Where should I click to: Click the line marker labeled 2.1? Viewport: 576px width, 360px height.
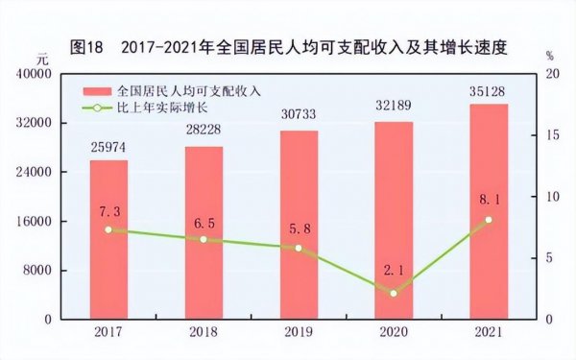(394, 293)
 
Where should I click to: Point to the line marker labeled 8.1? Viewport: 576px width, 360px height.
(489, 220)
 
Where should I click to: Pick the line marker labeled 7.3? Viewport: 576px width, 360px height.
(108, 229)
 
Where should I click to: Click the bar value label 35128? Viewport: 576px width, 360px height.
(489, 94)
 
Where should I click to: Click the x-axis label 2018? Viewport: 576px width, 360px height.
(204, 331)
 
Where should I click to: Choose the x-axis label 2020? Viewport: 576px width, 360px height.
(394, 331)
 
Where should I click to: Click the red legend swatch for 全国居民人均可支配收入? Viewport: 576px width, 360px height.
(98, 90)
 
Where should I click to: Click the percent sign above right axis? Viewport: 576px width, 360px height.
(550, 57)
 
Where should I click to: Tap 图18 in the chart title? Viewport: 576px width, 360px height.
(88, 45)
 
